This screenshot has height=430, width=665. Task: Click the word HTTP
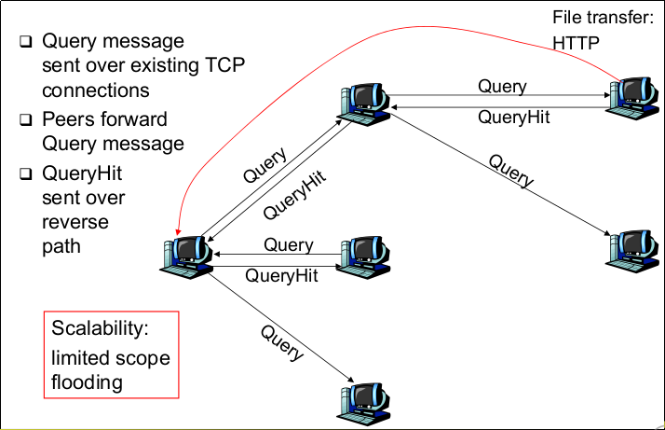tap(577, 42)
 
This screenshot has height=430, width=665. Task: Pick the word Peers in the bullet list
tap(66, 119)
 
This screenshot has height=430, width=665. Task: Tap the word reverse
tap(75, 222)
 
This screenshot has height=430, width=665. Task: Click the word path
tap(61, 246)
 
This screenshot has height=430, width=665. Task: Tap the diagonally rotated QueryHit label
tap(294, 194)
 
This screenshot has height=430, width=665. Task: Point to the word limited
tap(81, 357)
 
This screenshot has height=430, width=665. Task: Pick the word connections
tap(96, 90)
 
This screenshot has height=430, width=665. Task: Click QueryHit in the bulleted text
tap(81, 173)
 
